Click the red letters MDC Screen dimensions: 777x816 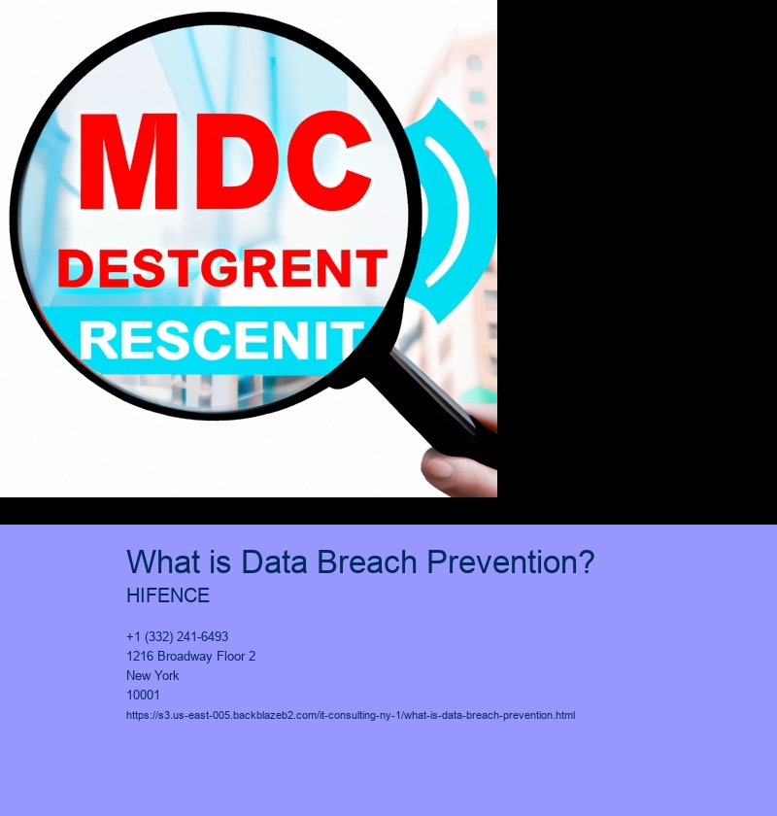[x=226, y=162]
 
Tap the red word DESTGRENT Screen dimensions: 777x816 [x=222, y=268]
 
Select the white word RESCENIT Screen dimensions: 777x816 [x=221, y=340]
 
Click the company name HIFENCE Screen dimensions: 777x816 [x=168, y=595]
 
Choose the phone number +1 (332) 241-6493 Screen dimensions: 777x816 [x=177, y=636]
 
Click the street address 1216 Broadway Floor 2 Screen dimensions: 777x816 [x=191, y=657]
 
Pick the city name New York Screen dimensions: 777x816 [x=152, y=675]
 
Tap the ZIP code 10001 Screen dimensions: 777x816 [x=143, y=695]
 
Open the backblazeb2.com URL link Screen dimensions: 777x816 [x=351, y=716]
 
